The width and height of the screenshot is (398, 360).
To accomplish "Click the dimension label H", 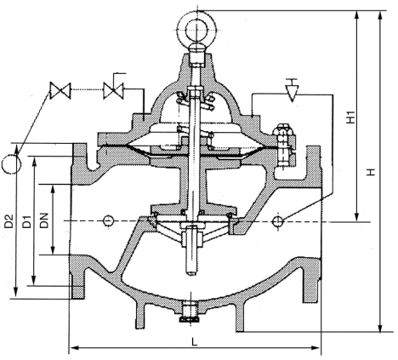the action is coord(371,172).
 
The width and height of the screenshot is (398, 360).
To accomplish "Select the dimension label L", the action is coord(194,342).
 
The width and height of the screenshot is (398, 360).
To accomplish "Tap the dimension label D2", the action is coord(9,221).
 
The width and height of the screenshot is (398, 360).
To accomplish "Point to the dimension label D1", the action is coord(26,221).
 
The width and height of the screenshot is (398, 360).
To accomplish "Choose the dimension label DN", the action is coord(44,220).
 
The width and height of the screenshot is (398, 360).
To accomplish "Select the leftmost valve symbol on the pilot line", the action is coord(60,90).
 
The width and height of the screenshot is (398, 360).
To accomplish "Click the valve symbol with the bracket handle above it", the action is coord(113,90).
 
